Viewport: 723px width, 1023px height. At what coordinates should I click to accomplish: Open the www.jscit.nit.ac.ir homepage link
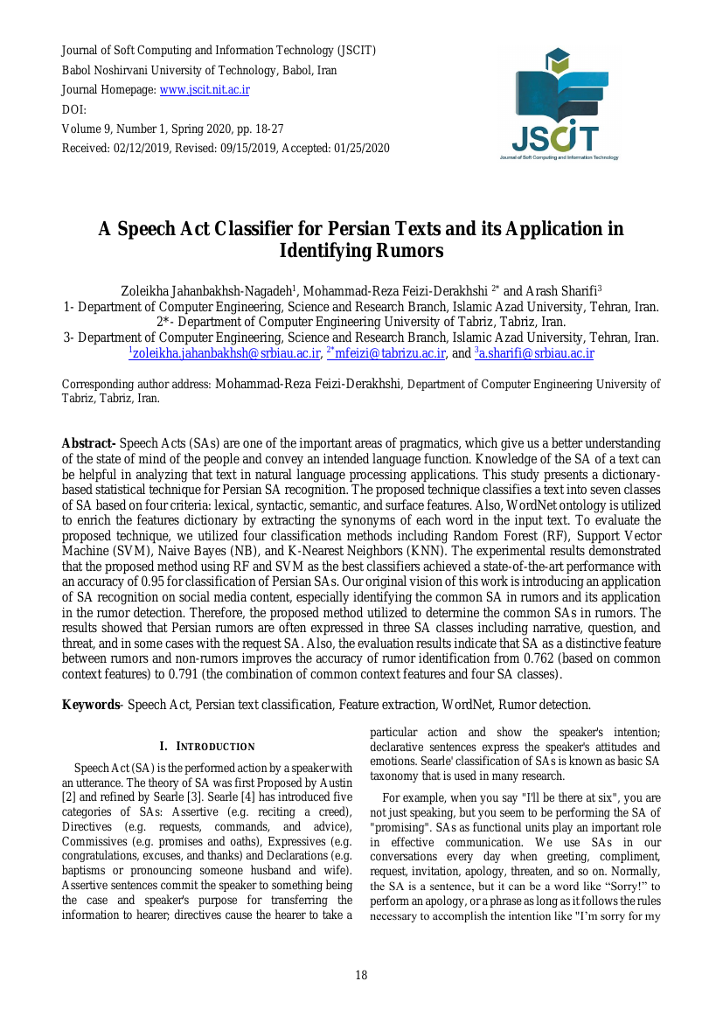(x=205, y=89)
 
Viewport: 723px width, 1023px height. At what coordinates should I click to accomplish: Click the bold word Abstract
(x=87, y=444)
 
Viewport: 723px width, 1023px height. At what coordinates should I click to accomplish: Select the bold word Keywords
(x=90, y=704)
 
